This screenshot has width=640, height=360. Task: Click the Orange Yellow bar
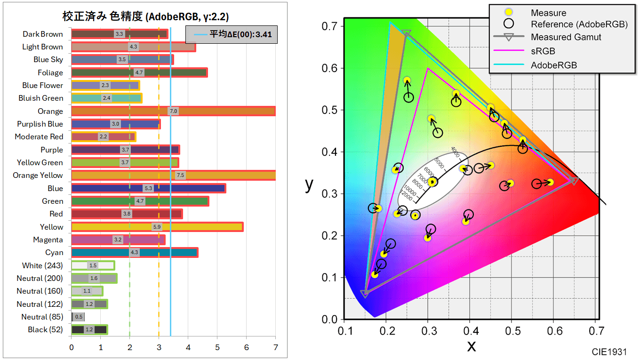[173, 176]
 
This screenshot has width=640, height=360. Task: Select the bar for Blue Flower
[105, 86]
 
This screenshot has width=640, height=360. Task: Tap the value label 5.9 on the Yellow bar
[157, 227]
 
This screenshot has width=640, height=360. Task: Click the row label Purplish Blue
[40, 124]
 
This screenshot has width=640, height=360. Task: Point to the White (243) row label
[42, 265]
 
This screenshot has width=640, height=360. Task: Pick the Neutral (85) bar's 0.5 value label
[79, 317]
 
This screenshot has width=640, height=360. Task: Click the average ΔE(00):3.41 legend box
[232, 34]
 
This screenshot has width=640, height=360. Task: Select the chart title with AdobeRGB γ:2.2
[145, 17]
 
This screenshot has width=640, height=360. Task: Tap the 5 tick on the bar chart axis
[217, 348]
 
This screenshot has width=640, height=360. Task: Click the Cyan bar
[135, 253]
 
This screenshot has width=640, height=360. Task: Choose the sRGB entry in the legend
[543, 51]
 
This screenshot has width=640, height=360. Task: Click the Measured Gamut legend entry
[566, 37]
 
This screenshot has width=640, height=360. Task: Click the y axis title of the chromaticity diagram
[309, 184]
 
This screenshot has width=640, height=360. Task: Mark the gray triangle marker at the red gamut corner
[574, 180]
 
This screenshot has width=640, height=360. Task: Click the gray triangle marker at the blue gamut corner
[365, 294]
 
